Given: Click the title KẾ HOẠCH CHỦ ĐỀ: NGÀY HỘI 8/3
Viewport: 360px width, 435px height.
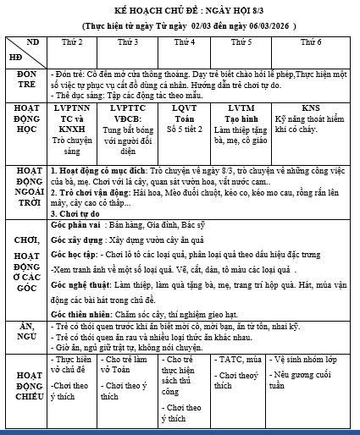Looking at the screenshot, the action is [x=180, y=8].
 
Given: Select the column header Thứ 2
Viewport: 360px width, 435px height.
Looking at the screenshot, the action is [x=74, y=41].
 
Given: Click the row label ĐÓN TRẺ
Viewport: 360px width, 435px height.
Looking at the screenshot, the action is [x=25, y=83].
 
